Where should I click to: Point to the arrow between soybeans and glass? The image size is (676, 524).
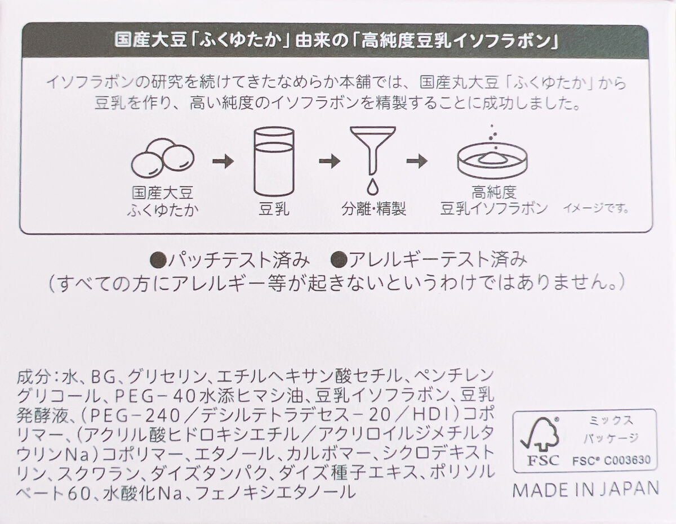[x=223, y=162]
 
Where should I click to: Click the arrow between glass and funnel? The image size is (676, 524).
[x=329, y=162]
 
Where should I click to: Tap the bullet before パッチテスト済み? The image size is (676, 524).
[x=159, y=260]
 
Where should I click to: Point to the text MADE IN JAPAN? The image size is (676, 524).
[x=585, y=488]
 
